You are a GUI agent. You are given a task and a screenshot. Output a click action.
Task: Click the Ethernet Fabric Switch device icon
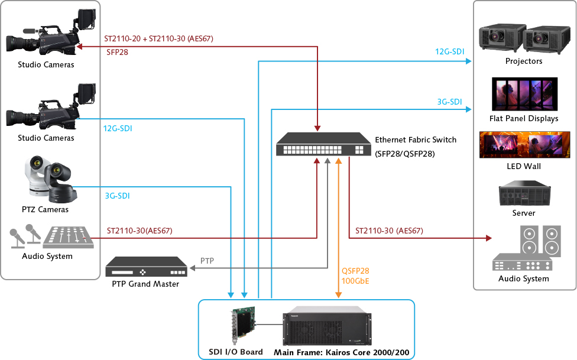pyautogui.click(x=320, y=144)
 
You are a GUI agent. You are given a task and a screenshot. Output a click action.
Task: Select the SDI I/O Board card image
pyautogui.click(x=242, y=327)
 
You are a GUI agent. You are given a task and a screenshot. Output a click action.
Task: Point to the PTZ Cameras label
pyautogui.click(x=45, y=210)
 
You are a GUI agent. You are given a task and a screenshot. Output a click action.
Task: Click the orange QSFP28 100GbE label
pyautogui.click(x=355, y=276)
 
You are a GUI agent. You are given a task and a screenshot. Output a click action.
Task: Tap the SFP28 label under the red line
pyautogui.click(x=117, y=52)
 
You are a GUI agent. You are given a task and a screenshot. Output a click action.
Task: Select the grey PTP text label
pyautogui.click(x=207, y=261)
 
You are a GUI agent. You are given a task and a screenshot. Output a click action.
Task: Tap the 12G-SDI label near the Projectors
pyautogui.click(x=449, y=52)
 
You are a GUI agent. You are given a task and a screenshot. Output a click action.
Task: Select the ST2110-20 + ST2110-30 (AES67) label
pyautogui.click(x=158, y=39)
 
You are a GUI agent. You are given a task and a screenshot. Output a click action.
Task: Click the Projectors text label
pyautogui.click(x=524, y=61)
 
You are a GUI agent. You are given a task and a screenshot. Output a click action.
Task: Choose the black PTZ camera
pyautogui.click(x=60, y=183)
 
